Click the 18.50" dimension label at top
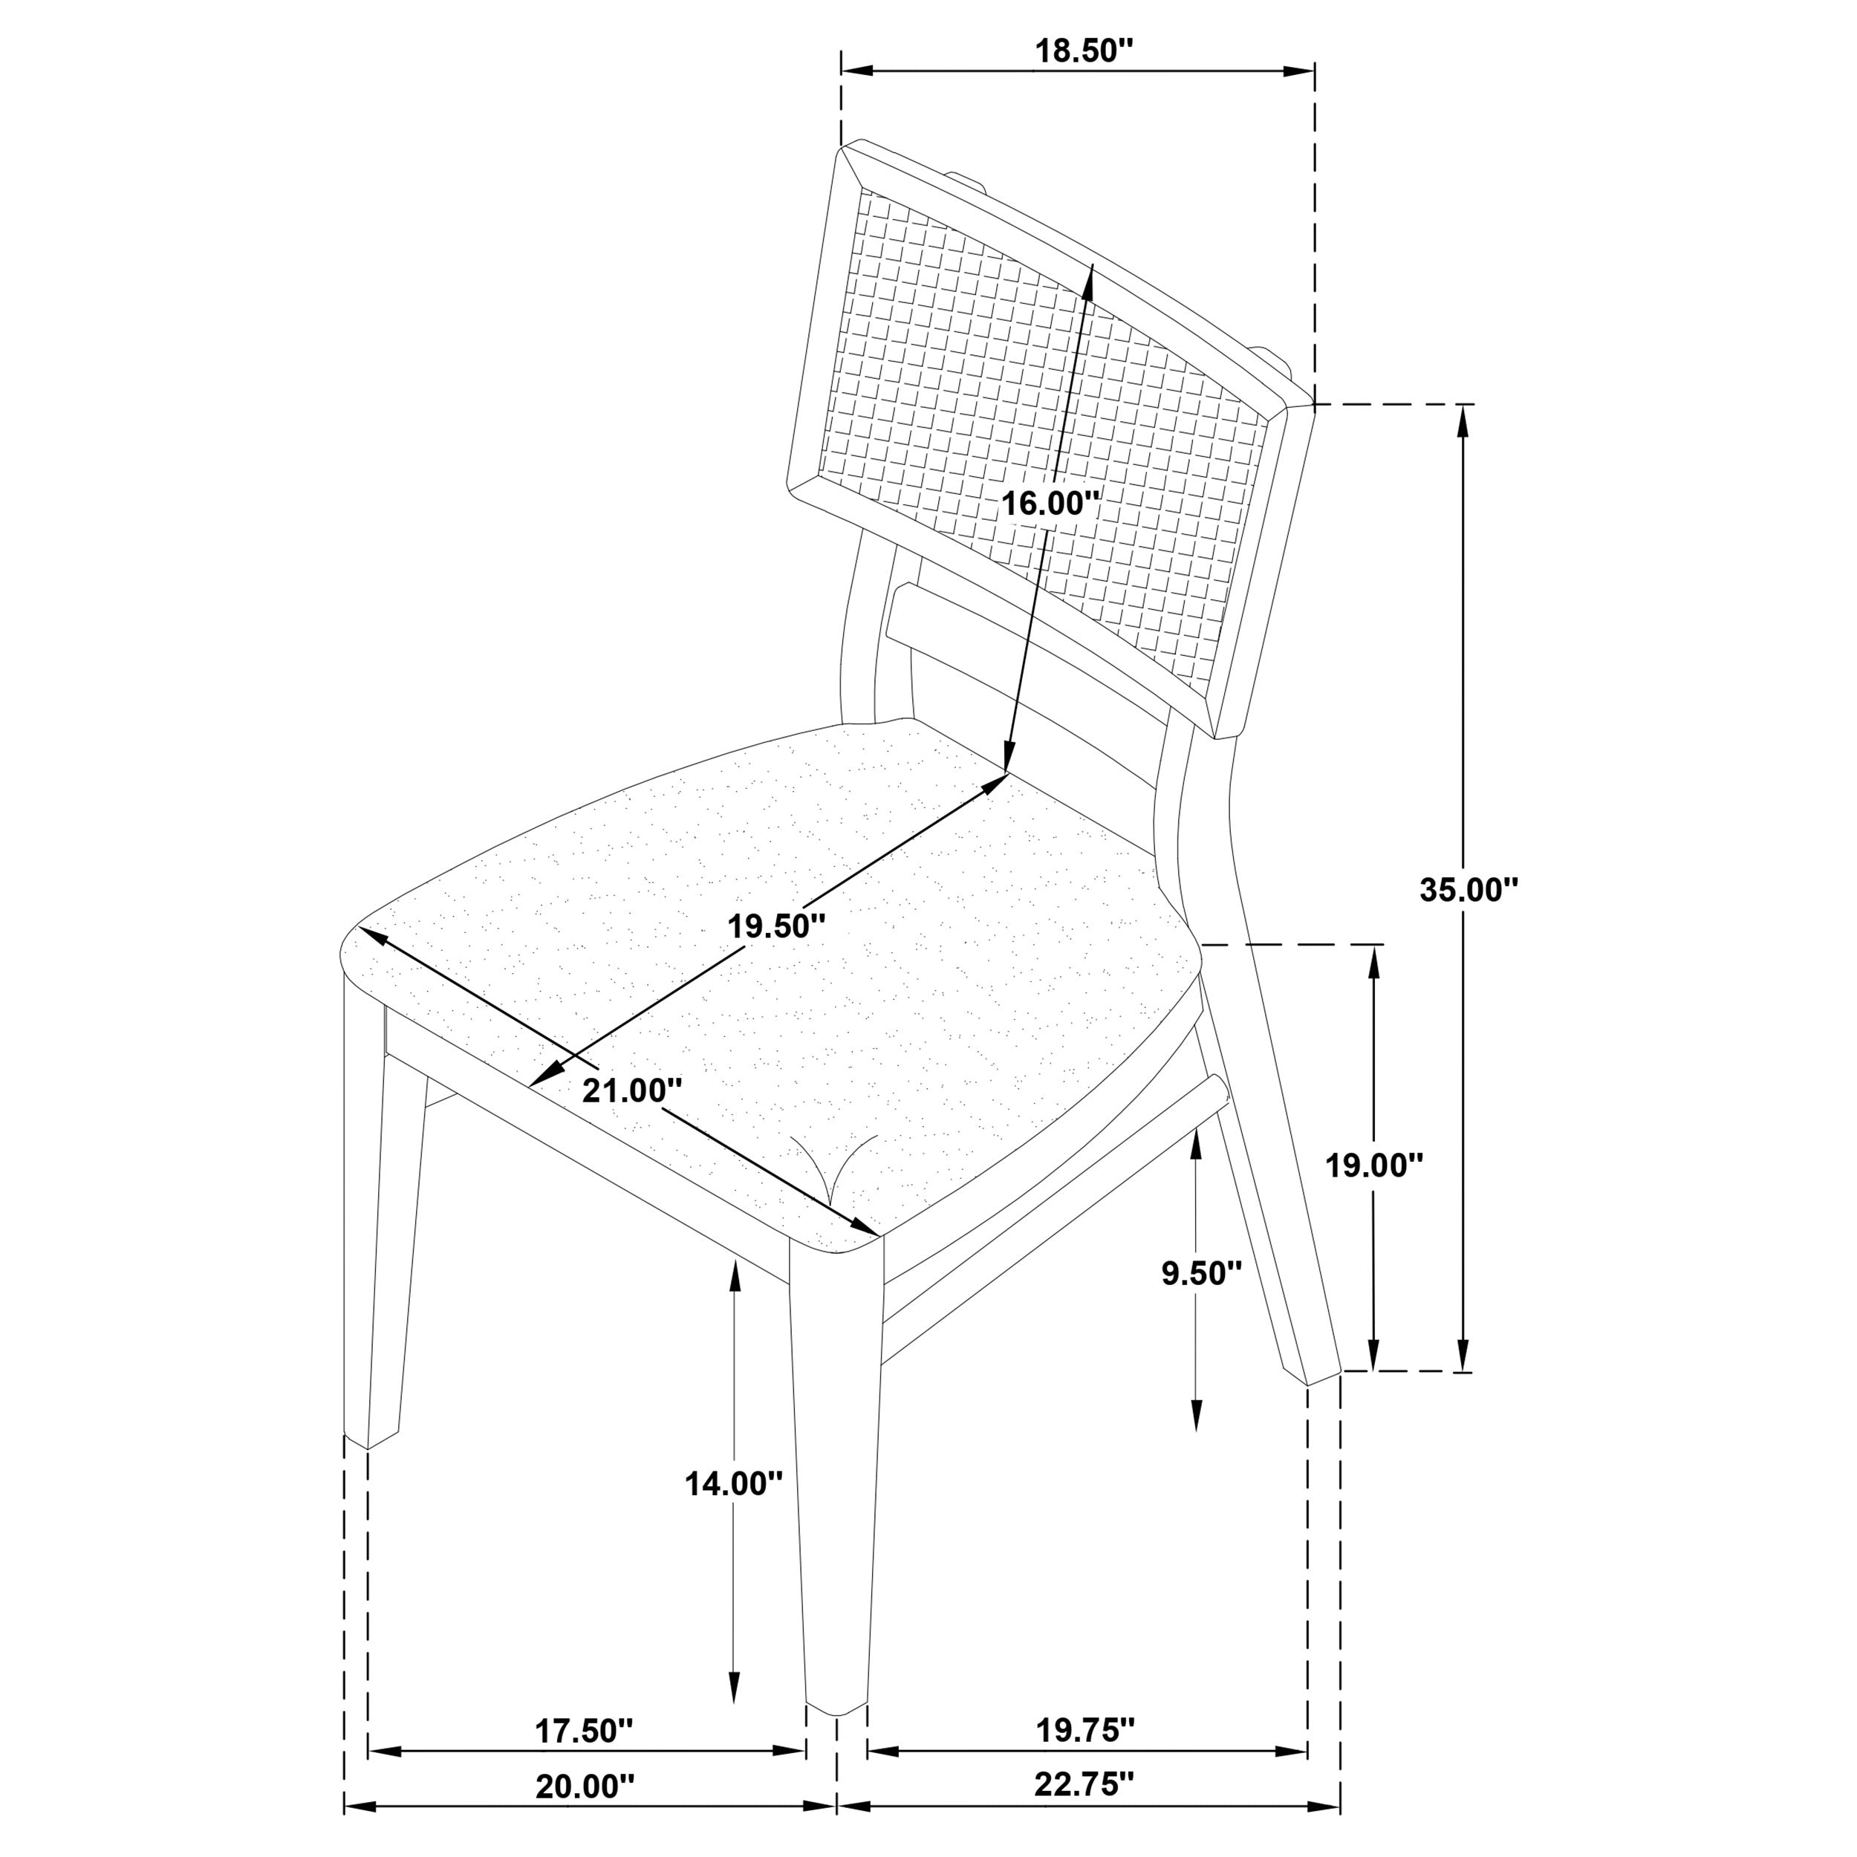[x=1078, y=52]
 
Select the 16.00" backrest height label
[x=1049, y=503]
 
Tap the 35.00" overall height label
[x=1468, y=890]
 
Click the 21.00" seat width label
[x=632, y=1090]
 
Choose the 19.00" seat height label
[x=1373, y=1166]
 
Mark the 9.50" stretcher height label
[x=1201, y=1274]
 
